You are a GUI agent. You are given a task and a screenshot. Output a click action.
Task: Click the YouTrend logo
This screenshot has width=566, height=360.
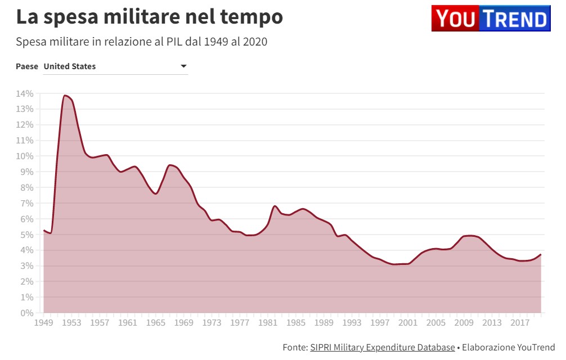pos(490,19)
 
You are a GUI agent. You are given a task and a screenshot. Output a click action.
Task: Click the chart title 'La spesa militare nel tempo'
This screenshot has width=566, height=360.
pos(149,17)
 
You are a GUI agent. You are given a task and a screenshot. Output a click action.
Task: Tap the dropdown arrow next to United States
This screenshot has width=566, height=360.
pos(183,66)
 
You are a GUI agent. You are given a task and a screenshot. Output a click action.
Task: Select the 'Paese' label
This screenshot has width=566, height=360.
pos(27,66)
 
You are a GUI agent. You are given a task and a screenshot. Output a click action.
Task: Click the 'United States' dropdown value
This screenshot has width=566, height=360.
pos(70,66)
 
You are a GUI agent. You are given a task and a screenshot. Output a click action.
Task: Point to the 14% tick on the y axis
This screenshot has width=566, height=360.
pos(25,93)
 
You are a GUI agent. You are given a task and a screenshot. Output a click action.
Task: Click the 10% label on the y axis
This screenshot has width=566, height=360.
pos(25,156)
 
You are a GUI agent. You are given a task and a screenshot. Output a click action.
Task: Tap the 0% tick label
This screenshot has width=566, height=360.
pos(27,313)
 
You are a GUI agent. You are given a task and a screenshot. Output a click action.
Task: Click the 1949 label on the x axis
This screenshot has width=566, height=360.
pos(43,323)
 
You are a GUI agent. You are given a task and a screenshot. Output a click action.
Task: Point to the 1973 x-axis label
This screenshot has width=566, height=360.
pos(212,323)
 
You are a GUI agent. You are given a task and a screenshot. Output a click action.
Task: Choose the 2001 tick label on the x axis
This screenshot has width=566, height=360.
pos(408,323)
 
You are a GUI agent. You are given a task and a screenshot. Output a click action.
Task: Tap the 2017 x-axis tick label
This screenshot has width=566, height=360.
pos(520,323)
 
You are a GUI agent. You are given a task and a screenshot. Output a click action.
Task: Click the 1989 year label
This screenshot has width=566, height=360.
pos(324,323)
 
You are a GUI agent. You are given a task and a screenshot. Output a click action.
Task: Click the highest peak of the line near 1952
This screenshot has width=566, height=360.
pos(65,96)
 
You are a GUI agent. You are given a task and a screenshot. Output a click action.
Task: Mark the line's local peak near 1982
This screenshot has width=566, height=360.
pos(275,206)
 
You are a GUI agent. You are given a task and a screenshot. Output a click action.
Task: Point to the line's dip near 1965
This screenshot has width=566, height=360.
pos(156,193)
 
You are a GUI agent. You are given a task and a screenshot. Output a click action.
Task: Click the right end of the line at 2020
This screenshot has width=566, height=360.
pos(541,255)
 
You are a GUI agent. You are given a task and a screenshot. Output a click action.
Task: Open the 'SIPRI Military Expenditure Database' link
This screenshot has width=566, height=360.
pos(382,348)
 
